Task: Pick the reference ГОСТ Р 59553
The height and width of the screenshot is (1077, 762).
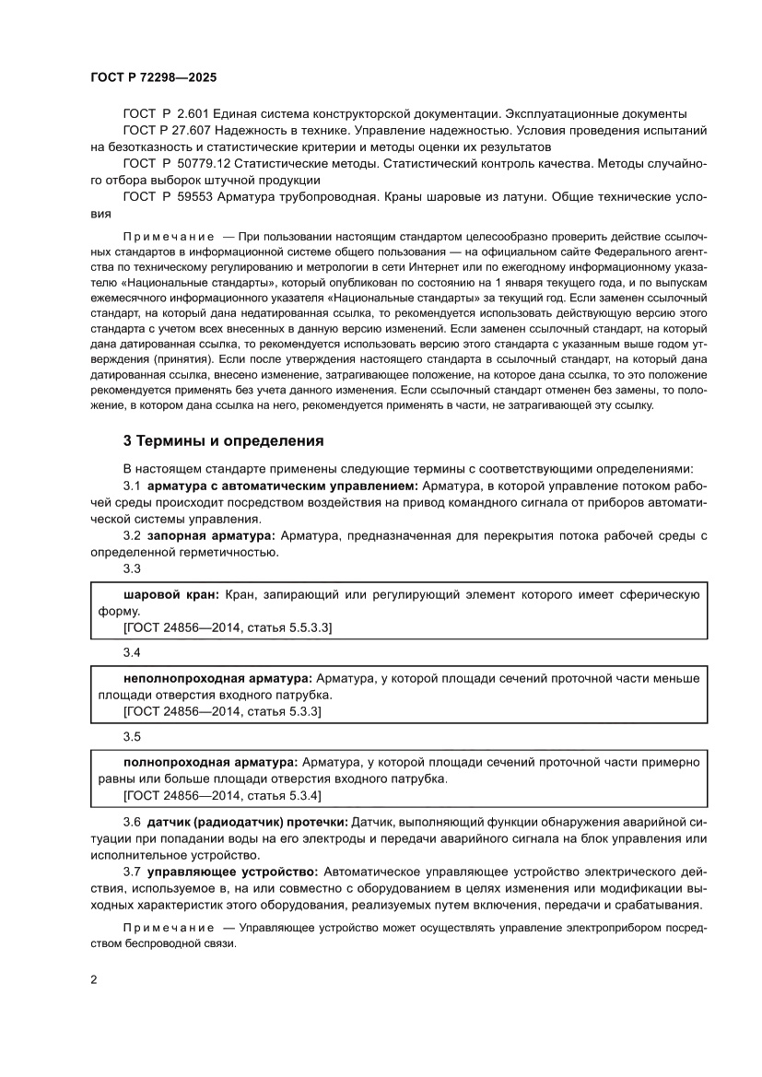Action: click(x=166, y=196)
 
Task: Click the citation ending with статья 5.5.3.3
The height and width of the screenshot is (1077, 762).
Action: click(x=228, y=627)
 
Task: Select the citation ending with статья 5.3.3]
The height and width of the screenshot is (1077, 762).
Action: click(x=222, y=711)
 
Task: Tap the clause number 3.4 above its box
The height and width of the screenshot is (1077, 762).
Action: click(x=132, y=653)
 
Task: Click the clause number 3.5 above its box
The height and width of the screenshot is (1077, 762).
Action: click(x=132, y=737)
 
